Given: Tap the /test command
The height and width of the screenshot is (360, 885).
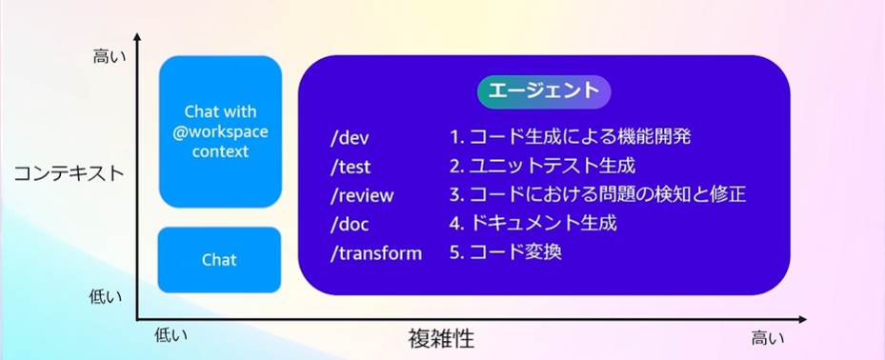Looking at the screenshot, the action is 351,167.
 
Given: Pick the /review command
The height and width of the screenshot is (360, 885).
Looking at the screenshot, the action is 362,195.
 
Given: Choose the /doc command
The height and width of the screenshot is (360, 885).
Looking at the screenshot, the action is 350,224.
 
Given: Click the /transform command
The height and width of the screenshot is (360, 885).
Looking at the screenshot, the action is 376,252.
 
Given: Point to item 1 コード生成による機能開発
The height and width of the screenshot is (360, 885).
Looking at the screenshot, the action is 571,137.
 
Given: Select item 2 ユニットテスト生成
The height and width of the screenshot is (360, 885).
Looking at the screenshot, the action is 542,166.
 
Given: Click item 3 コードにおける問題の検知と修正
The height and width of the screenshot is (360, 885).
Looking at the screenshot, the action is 598,194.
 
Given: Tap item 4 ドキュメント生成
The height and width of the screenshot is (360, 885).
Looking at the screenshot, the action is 533,224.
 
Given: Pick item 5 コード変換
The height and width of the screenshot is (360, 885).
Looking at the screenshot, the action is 506,252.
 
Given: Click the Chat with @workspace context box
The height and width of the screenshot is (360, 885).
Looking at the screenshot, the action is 220,131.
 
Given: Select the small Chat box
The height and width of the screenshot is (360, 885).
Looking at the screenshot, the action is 219,260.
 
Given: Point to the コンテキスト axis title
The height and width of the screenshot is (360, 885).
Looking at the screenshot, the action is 68,173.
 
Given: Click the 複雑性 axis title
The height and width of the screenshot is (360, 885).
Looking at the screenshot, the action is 441,338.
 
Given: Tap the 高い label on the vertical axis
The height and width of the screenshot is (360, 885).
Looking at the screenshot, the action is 109,57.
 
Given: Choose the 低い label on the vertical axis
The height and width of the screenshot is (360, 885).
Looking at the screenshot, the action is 106,297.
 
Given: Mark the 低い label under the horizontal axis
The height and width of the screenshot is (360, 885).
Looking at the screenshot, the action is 171,334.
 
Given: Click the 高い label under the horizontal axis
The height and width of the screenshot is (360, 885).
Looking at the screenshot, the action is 767,338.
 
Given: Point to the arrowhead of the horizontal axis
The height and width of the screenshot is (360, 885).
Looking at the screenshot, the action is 803,319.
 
